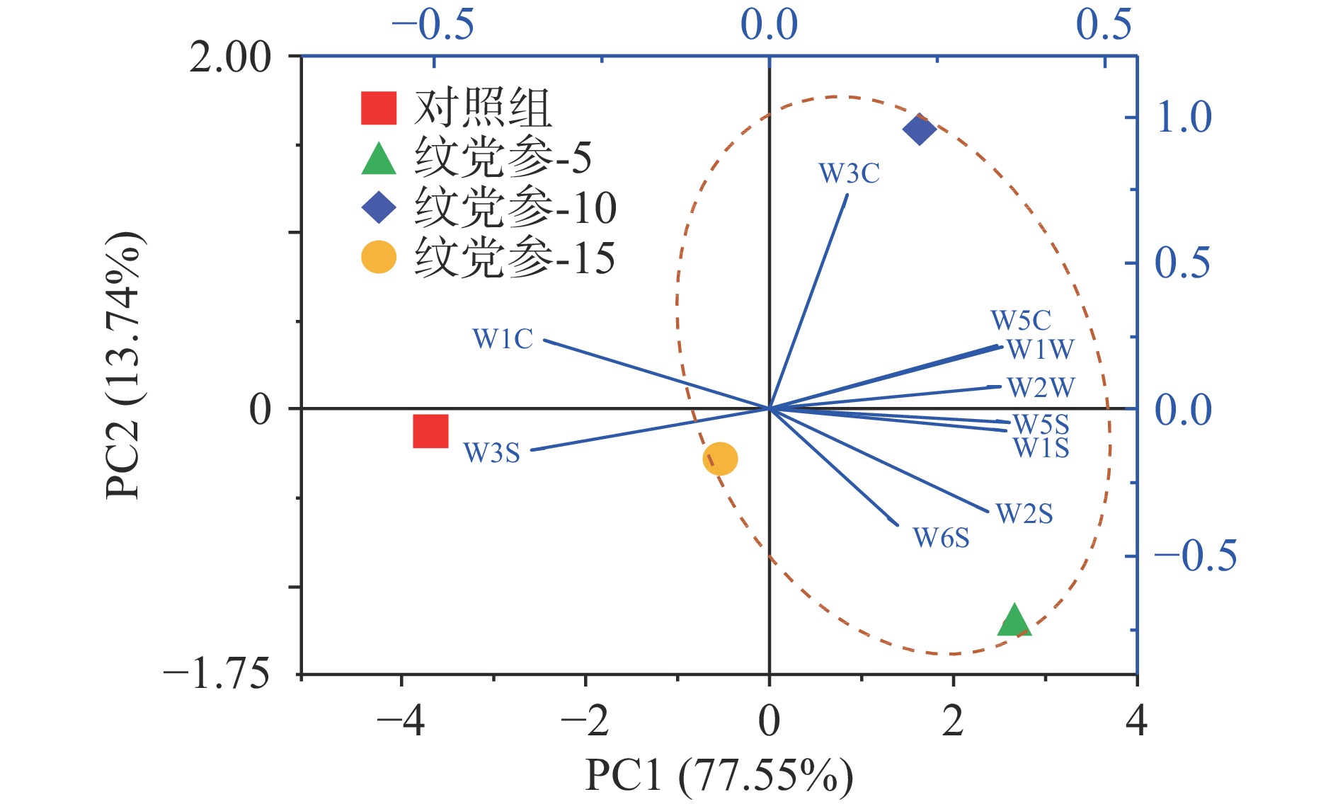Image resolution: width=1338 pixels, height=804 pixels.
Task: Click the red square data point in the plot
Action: click(x=430, y=431)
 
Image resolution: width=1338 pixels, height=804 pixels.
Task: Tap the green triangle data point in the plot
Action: click(x=1014, y=621)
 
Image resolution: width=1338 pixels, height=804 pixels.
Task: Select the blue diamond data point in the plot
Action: click(x=920, y=129)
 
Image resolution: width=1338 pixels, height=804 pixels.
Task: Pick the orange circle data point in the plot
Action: click(x=720, y=459)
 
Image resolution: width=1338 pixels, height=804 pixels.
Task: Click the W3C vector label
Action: click(x=849, y=173)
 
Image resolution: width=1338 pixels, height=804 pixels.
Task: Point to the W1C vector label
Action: click(x=503, y=339)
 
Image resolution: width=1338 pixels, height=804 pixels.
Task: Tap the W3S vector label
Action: click(x=492, y=453)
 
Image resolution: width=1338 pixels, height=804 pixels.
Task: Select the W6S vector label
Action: click(x=941, y=538)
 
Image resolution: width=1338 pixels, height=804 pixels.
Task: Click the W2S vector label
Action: click(x=1024, y=514)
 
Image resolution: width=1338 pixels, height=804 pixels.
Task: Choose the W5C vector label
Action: click(x=1020, y=321)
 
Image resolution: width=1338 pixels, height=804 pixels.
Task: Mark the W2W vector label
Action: click(x=1041, y=388)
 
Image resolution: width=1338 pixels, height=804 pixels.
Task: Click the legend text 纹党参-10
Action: click(x=515, y=208)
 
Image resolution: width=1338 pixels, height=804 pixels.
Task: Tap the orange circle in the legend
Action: click(x=379, y=258)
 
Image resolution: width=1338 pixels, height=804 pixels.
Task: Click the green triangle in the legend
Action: click(x=379, y=159)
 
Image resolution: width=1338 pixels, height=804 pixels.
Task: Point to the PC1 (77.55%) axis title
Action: click(x=719, y=776)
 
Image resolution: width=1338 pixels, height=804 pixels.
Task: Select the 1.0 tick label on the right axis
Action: click(x=1183, y=117)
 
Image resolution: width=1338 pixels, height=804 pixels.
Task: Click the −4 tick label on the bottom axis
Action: click(x=401, y=721)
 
